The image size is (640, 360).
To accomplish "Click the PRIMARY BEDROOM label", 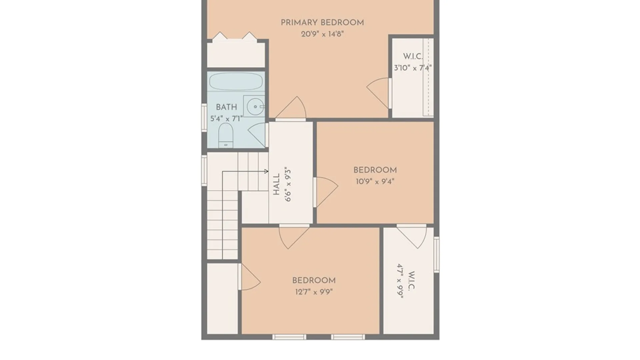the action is (322, 23).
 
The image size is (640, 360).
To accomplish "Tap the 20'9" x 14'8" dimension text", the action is (322, 34).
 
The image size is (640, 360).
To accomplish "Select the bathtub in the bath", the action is (236, 81).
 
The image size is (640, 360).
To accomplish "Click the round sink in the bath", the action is (255, 107).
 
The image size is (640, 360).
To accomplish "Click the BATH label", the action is (226, 107).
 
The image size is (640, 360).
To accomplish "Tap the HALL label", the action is (276, 184).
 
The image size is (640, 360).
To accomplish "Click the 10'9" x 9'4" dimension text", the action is (375, 182).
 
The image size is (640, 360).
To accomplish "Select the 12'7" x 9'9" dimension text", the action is (314, 292).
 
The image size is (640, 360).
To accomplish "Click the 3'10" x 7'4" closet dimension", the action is (413, 68).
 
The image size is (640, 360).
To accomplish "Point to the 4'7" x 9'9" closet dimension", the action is (400, 281).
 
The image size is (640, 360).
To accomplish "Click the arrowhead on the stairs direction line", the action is (266, 171).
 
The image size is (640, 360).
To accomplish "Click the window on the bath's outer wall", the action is (204, 117).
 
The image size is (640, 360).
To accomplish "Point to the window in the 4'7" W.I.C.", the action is (436, 255).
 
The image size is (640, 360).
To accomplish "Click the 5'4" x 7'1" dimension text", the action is (226, 119).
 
